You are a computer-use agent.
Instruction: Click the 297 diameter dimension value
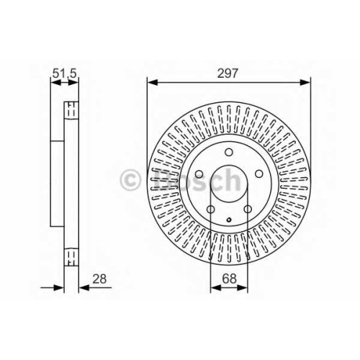click(x=228, y=73)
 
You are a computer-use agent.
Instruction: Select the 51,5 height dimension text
click(x=64, y=73)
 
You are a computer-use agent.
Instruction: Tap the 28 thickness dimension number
click(x=99, y=279)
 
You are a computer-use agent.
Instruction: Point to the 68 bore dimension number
click(x=229, y=279)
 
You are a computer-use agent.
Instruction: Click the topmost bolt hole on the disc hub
click(x=229, y=152)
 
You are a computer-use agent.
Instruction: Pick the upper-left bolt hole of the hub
click(x=199, y=174)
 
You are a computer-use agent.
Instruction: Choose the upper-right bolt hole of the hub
click(x=258, y=174)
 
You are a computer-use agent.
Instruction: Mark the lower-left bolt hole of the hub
click(x=210, y=210)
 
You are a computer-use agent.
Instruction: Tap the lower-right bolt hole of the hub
click(x=248, y=210)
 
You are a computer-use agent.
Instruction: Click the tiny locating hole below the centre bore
click(x=229, y=219)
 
